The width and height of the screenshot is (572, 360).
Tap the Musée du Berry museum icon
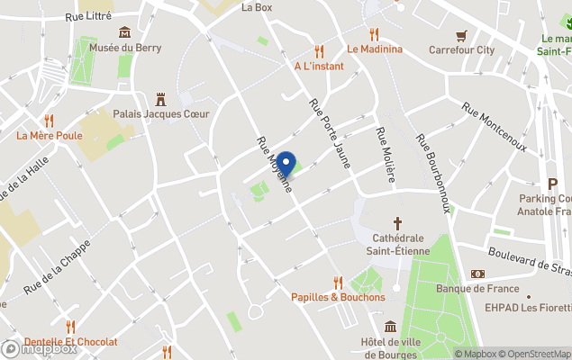point(124,33)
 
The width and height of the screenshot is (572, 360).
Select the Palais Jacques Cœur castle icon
point(161,98)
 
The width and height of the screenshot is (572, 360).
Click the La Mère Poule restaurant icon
point(49,121)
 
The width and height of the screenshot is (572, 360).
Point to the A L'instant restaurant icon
point(318,51)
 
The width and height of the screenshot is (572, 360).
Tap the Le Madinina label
point(375,49)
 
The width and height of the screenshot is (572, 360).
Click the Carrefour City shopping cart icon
point(461,36)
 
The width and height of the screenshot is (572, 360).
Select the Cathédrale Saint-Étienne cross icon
point(397,222)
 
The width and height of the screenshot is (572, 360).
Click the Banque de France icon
point(477,274)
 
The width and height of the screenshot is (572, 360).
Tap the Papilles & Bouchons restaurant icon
point(338,282)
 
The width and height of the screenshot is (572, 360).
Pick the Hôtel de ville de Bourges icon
point(390,327)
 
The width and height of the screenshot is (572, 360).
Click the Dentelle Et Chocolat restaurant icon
point(70,327)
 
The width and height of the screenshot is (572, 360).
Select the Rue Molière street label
point(385,155)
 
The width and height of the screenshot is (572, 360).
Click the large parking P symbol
point(553,183)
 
